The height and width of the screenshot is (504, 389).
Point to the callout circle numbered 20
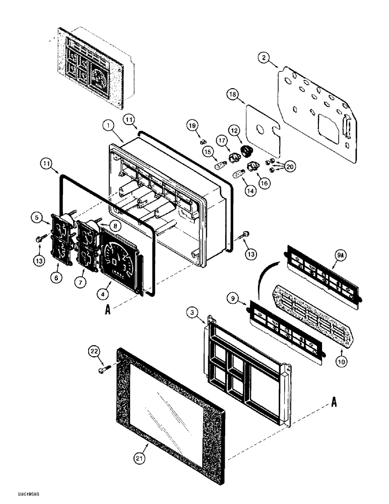[290, 166]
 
